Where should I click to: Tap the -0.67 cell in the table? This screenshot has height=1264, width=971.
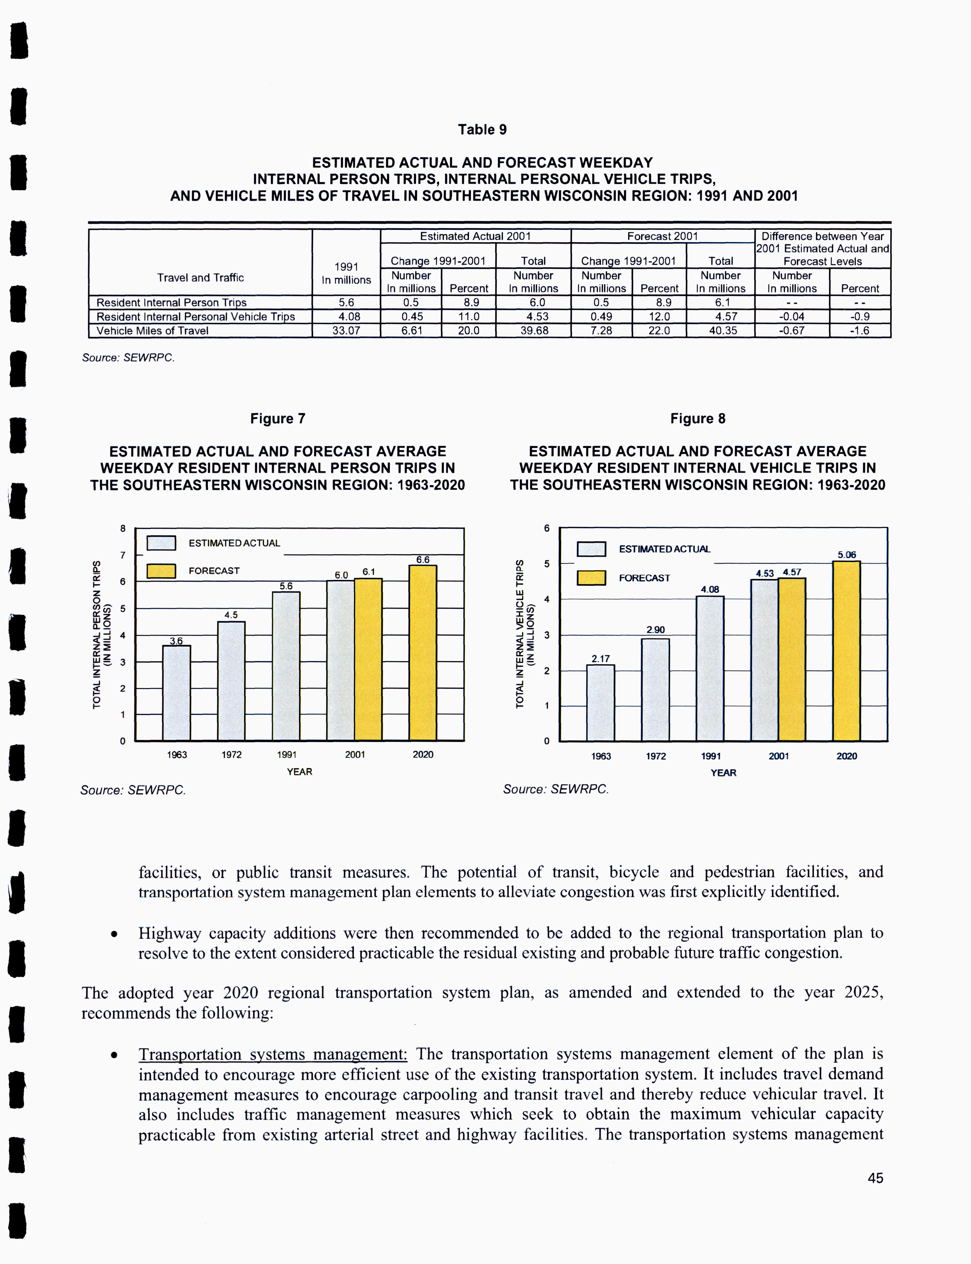coord(792,331)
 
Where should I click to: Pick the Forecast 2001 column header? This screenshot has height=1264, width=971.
coord(662,236)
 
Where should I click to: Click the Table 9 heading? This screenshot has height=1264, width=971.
coord(482,129)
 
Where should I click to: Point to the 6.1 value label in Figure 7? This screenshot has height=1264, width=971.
coord(369,572)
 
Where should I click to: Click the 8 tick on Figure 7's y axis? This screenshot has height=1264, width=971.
coord(123,528)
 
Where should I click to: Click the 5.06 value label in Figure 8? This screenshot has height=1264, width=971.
coord(847,555)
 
